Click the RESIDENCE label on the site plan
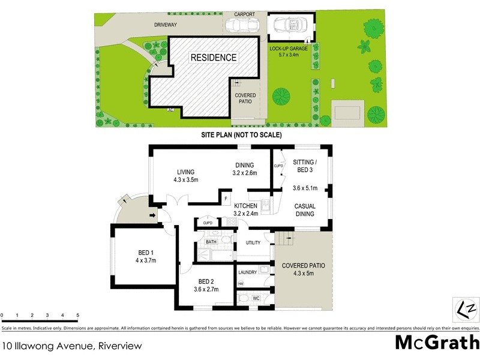[214, 58]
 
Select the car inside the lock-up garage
[289, 26]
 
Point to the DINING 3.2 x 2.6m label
[244, 170]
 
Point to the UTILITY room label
[253, 243]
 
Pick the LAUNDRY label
[248, 272]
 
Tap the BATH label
[211, 242]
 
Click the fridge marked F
[226, 198]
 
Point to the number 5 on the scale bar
[77, 315]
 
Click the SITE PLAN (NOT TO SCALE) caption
[241, 136]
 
